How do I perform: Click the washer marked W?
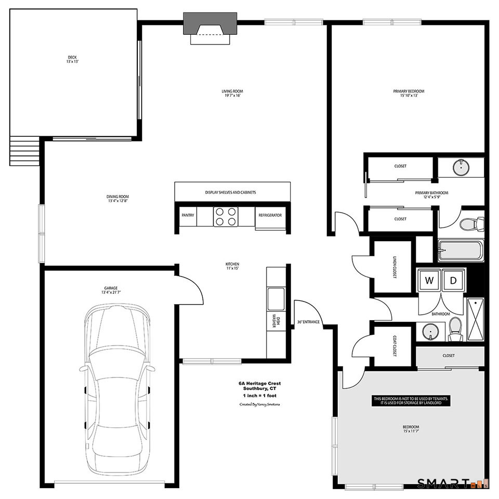click(429, 281)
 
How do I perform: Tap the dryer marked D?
click(453, 281)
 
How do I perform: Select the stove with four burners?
click(226, 216)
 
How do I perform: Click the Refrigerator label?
click(270, 215)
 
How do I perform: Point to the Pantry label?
click(188, 215)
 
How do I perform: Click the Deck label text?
click(73, 59)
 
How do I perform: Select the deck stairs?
click(24, 151)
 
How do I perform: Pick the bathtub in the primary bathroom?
click(461, 251)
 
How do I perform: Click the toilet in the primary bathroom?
click(471, 224)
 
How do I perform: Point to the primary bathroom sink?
click(460, 167)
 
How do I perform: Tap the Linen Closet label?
click(394, 267)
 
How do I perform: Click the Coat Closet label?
click(394, 345)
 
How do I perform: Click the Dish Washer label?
click(276, 322)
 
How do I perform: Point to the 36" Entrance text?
click(308, 322)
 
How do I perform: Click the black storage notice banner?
click(411, 401)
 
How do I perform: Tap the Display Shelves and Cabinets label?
click(230, 192)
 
